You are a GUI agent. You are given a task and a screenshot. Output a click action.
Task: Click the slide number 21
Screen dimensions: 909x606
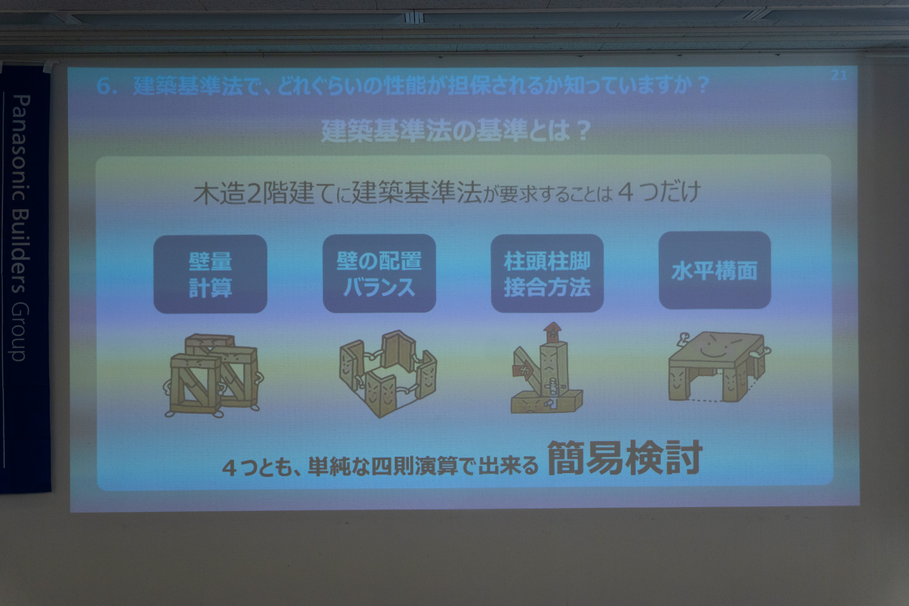pyautogui.click(x=838, y=75)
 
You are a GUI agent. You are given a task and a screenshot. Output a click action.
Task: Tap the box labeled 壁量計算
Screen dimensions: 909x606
pyautogui.click(x=210, y=274)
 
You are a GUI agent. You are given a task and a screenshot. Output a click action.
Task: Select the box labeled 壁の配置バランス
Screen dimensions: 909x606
pyautogui.click(x=379, y=273)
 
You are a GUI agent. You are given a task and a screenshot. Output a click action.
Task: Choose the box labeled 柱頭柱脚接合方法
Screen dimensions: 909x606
pyautogui.click(x=547, y=273)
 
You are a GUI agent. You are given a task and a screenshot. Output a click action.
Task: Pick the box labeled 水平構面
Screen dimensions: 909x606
pyautogui.click(x=715, y=270)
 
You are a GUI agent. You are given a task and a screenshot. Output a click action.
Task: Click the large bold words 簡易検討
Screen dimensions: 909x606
pyautogui.click(x=625, y=458)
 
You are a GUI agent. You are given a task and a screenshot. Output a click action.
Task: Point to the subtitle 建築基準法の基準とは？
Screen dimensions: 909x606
pyautogui.click(x=455, y=131)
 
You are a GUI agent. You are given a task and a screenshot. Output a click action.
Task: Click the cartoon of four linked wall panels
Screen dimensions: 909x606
pyautogui.click(x=387, y=373)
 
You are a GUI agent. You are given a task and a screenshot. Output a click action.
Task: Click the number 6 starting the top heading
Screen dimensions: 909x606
pyautogui.click(x=103, y=87)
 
